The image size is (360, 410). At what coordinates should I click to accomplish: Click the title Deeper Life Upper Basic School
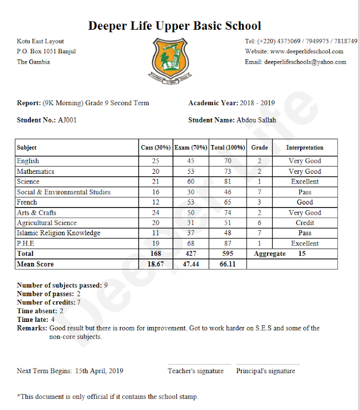(174, 26)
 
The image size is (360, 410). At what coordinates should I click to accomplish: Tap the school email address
(305, 62)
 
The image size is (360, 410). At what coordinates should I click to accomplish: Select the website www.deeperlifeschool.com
(307, 51)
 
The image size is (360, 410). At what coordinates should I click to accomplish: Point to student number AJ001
(68, 120)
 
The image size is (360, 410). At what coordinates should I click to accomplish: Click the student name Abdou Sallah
(256, 120)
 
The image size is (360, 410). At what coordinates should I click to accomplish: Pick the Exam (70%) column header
(191, 148)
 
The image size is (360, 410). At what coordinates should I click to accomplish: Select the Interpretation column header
(305, 148)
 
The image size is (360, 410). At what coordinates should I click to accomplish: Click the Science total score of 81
(228, 182)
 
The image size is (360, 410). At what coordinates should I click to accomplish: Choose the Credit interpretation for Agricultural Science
(305, 223)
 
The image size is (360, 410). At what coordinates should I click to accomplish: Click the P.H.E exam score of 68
(191, 243)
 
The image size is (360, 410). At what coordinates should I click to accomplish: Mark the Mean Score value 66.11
(228, 264)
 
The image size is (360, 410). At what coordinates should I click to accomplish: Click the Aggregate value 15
(302, 254)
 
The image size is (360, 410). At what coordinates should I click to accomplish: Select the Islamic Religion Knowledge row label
(58, 233)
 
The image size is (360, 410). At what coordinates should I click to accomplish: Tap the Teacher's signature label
(195, 371)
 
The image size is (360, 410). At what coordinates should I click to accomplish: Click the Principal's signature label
(265, 371)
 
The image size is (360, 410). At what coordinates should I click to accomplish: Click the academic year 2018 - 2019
(257, 103)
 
